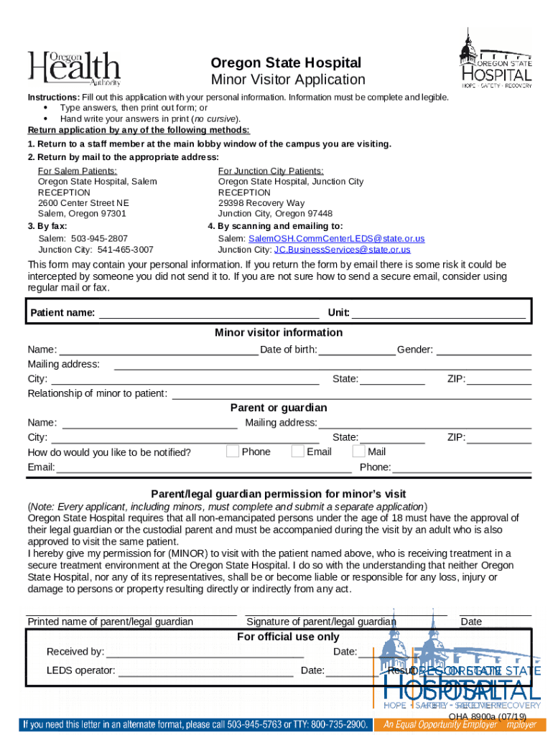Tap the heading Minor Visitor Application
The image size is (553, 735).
pyautogui.click(x=288, y=80)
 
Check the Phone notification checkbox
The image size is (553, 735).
pyautogui.click(x=233, y=451)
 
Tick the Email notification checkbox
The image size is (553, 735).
pyautogui.click(x=297, y=451)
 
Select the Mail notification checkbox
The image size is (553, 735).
pyautogui.click(x=359, y=451)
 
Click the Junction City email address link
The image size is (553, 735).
pyautogui.click(x=342, y=250)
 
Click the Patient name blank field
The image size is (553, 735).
pyautogui.click(x=208, y=312)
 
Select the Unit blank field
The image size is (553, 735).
pyautogui.click(x=438, y=312)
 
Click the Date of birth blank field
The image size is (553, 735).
pyautogui.click(x=356, y=350)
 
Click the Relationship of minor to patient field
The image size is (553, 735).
pyautogui.click(x=352, y=393)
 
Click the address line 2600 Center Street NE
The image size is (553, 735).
pyautogui.click(x=83, y=203)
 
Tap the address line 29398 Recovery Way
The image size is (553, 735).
pyautogui.click(x=261, y=203)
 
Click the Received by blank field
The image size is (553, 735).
pyautogui.click(x=205, y=652)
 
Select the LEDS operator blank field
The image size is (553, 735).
pyautogui.click(x=205, y=670)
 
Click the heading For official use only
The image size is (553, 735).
pyautogui.click(x=288, y=637)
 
